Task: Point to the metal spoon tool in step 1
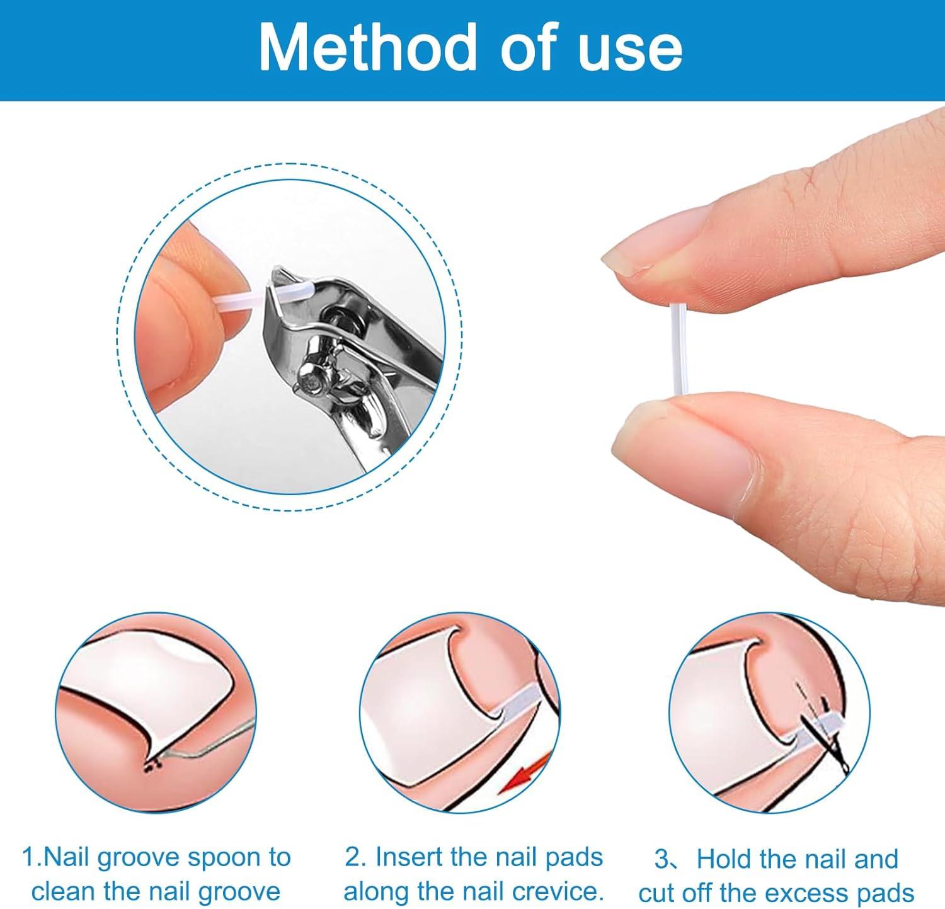(x=214, y=743)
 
